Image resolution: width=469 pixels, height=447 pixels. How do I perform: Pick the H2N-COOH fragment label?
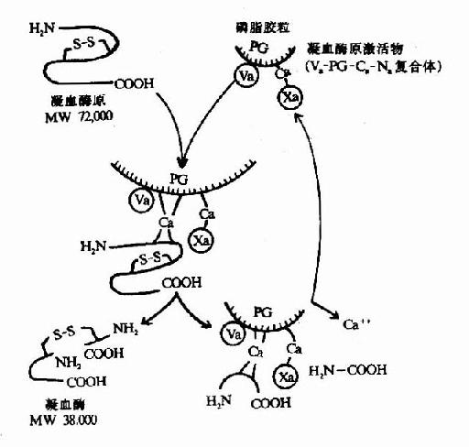[349, 369]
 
